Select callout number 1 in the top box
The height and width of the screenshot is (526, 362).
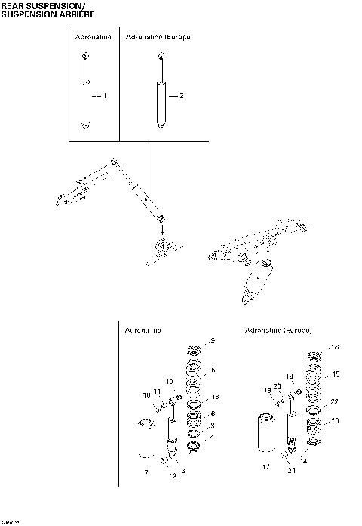pyautogui.click(x=105, y=96)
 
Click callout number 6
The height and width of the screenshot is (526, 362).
pyautogui.click(x=213, y=414)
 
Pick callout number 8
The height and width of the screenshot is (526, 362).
pyautogui.click(x=213, y=425)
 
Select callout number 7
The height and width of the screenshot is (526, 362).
pyautogui.click(x=146, y=472)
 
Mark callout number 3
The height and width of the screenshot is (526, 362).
pyautogui.click(x=182, y=470)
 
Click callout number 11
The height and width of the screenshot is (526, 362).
pyautogui.click(x=156, y=391)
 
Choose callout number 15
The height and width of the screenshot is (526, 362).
pyautogui.click(x=336, y=374)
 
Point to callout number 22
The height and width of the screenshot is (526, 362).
pyautogui.click(x=335, y=402)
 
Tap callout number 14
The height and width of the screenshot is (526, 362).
pyautogui.click(x=304, y=460)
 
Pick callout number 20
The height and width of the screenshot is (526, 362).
pyautogui.click(x=278, y=386)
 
